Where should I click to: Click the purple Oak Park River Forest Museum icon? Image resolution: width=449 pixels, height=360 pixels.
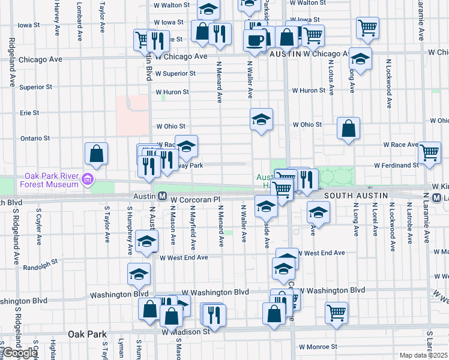point(88,179)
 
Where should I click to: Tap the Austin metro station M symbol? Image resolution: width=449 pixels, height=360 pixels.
point(162,196)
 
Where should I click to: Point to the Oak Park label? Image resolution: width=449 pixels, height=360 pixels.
point(87,334)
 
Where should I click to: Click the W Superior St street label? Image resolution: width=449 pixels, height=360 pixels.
point(175,73)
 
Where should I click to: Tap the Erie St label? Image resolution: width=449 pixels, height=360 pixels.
point(29,112)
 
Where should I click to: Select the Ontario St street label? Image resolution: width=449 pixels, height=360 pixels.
point(35,138)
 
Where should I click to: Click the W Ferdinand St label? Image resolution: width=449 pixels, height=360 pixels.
point(396,164)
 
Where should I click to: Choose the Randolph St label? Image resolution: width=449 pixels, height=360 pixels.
point(45,262)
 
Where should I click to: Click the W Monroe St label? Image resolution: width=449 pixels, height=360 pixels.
point(318,346)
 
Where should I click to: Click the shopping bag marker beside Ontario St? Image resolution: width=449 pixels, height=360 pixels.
point(96,154)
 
